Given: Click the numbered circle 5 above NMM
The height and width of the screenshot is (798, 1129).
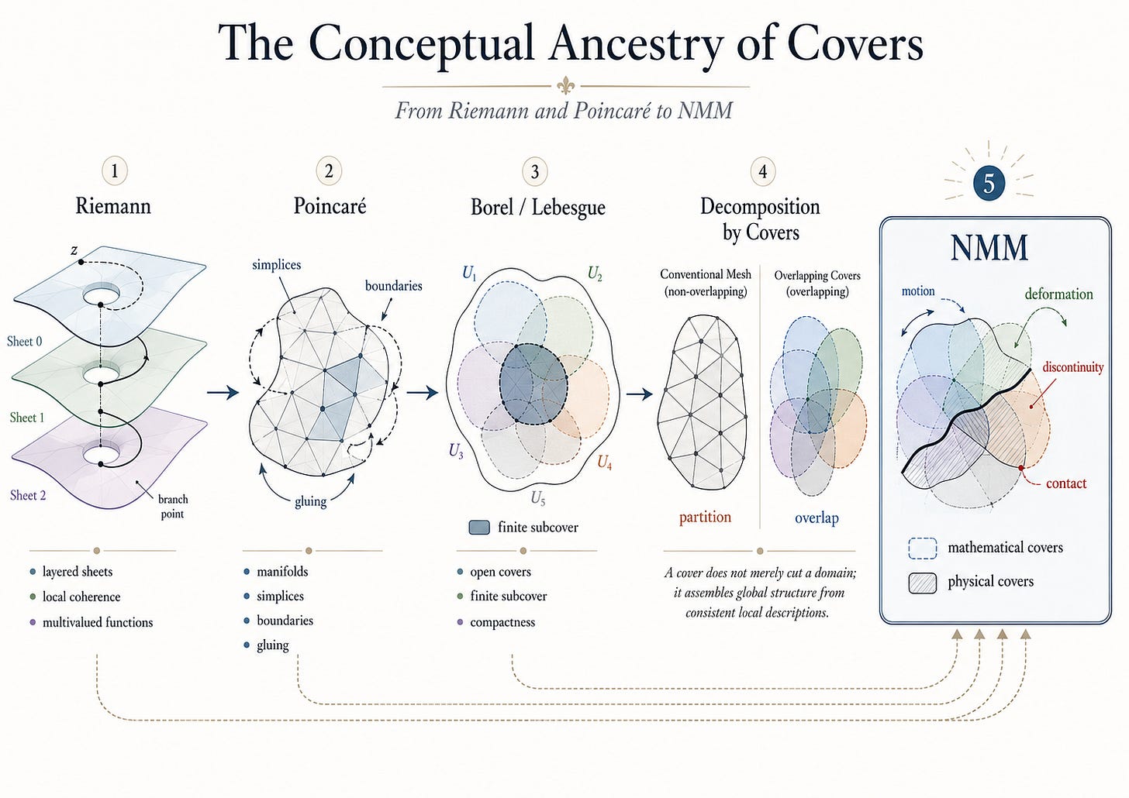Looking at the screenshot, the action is [989, 183].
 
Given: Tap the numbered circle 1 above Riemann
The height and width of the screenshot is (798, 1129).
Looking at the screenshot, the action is [115, 171].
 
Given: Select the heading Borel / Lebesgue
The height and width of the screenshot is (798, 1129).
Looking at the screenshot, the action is [538, 207].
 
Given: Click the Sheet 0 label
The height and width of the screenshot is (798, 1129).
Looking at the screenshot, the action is [24, 342].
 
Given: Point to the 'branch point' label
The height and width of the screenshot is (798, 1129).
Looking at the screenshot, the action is [172, 507].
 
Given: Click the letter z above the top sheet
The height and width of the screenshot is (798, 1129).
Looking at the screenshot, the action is [74, 249].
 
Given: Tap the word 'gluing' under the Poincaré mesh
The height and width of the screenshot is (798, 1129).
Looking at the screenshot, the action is [310, 502].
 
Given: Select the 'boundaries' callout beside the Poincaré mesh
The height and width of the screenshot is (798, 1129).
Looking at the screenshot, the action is [393, 286].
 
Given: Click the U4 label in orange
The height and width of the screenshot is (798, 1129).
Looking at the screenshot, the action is [604, 462].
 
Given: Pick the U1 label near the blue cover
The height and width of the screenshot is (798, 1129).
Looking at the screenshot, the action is [469, 273].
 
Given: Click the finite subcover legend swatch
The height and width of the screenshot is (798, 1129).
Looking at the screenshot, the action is [479, 527].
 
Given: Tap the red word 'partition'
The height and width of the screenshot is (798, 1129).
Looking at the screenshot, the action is [705, 518].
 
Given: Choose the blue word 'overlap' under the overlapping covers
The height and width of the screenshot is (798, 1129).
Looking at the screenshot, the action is [817, 518].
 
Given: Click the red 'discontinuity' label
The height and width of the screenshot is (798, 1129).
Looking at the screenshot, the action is [1072, 367].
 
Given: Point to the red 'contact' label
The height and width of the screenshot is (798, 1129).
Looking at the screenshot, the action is [1066, 483].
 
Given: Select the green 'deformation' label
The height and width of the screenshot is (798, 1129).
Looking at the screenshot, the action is [1058, 294].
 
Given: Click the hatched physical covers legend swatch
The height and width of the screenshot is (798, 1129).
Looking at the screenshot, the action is [923, 583].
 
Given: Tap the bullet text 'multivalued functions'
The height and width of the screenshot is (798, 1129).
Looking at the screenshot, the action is [98, 622].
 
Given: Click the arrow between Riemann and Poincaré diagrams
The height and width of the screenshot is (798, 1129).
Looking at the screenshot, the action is [223, 392].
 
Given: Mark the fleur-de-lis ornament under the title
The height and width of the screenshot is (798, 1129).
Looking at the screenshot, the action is [565, 86].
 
